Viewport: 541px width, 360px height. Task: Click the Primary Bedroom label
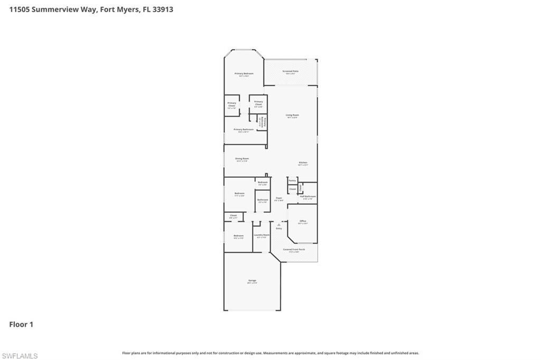tap(244, 73)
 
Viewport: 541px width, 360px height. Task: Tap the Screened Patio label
tap(290, 71)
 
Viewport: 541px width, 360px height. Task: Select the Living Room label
tap(292, 115)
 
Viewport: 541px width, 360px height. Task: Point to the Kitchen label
tap(303, 163)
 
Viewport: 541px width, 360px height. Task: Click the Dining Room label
tap(242, 158)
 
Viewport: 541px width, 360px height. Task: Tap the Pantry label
tap(292, 181)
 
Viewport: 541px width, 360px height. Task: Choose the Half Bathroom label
tap(307, 196)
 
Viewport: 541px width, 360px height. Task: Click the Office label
tap(303, 221)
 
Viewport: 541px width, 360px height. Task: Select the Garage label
tap(252, 280)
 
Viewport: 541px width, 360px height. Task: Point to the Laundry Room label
tap(262, 235)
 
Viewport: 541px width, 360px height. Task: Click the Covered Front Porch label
tap(294, 249)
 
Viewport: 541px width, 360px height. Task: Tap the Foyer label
tap(279, 198)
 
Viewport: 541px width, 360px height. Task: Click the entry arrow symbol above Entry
tap(279, 224)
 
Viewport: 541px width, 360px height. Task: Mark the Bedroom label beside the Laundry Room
tap(238, 236)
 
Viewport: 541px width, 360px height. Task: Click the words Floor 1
tap(21, 325)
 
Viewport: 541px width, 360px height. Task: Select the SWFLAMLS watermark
tap(20, 356)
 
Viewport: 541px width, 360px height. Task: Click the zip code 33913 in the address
tap(162, 10)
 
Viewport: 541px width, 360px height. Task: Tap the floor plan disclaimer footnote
tap(270, 353)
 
